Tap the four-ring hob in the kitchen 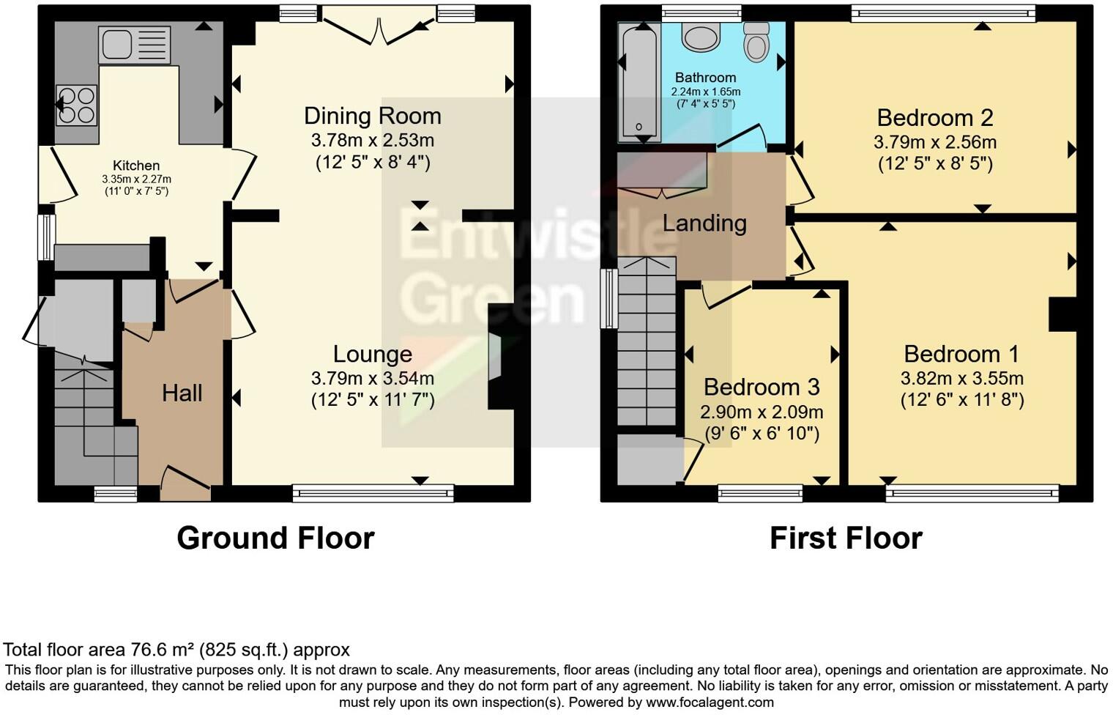click(77, 105)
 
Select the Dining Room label click(372, 116)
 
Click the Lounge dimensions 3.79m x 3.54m click(372, 379)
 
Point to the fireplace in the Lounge click(496, 357)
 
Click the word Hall click(182, 393)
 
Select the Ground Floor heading click(275, 538)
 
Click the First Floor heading click(846, 538)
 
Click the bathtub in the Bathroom click(639, 82)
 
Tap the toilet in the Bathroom click(756, 42)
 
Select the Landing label click(704, 223)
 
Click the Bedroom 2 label click(934, 118)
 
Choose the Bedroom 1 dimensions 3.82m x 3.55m click(961, 379)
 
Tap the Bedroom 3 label click(762, 387)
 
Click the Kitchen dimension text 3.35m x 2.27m click(136, 179)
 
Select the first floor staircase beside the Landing click(646, 341)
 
